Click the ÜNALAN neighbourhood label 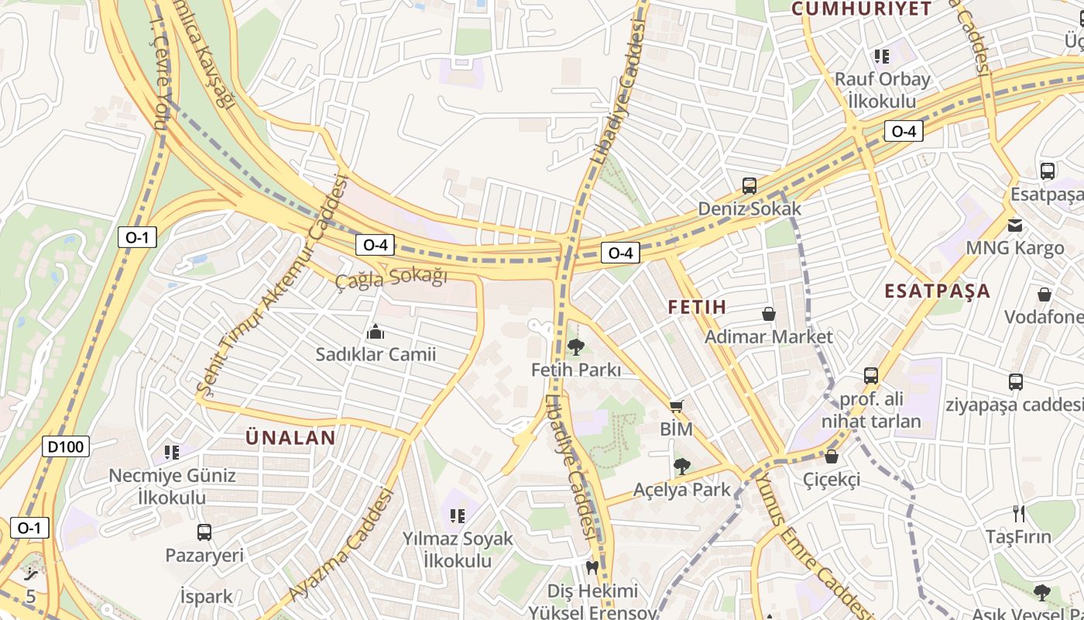pyautogui.click(x=290, y=438)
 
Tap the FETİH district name pyautogui.click(x=697, y=307)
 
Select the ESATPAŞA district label pyautogui.click(x=937, y=291)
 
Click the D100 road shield pyautogui.click(x=67, y=446)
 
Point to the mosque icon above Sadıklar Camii pyautogui.click(x=376, y=332)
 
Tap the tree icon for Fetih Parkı pyautogui.click(x=575, y=347)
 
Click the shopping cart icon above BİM pyautogui.click(x=677, y=406)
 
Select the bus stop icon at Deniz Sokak pyautogui.click(x=749, y=186)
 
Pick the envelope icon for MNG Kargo pyautogui.click(x=1014, y=226)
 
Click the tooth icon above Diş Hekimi pyautogui.click(x=592, y=568)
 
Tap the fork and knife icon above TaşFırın pyautogui.click(x=1019, y=513)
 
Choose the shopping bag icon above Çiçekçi pyautogui.click(x=832, y=456)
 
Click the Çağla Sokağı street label pyautogui.click(x=391, y=277)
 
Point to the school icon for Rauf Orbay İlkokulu pyautogui.click(x=881, y=56)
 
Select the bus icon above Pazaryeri pyautogui.click(x=204, y=532)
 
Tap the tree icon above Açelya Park pyautogui.click(x=681, y=466)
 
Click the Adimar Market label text pyautogui.click(x=768, y=336)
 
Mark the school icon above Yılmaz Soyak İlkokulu pyautogui.click(x=457, y=515)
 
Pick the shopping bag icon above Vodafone pyautogui.click(x=1045, y=294)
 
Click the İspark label pyautogui.click(x=206, y=597)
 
